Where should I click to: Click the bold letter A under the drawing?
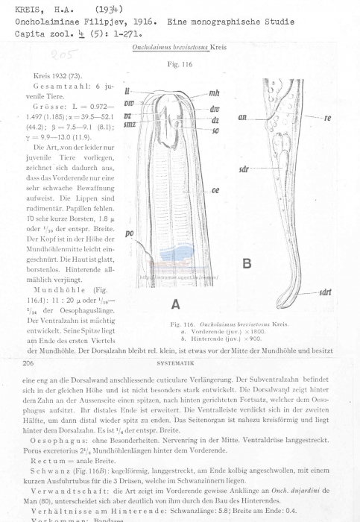pos(176,303)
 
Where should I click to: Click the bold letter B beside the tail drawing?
pos(247,264)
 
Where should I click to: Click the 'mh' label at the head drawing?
pos(215,93)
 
